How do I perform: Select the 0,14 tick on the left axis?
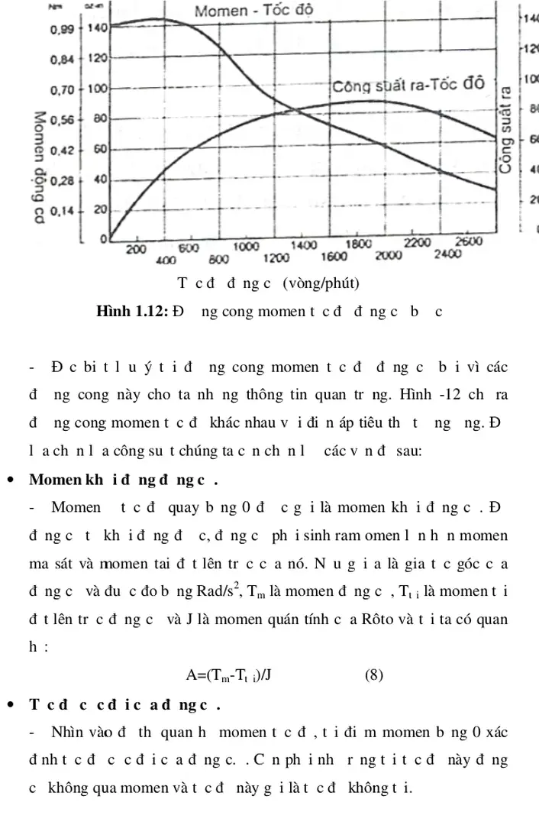[x=61, y=211]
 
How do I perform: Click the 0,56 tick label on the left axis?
[x=61, y=120]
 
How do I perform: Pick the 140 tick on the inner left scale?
[x=98, y=27]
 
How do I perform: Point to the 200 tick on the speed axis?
[x=136, y=249]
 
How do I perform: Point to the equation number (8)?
[x=373, y=675]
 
